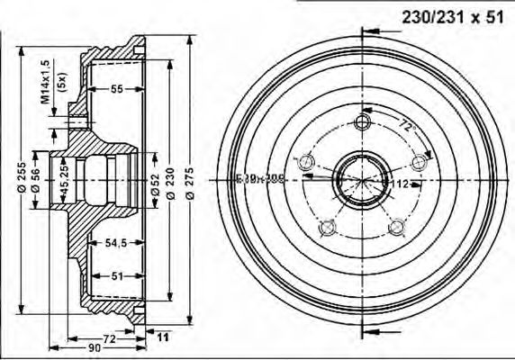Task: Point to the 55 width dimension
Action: (117, 89)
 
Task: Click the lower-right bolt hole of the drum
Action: (397, 227)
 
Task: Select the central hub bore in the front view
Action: (362, 179)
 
